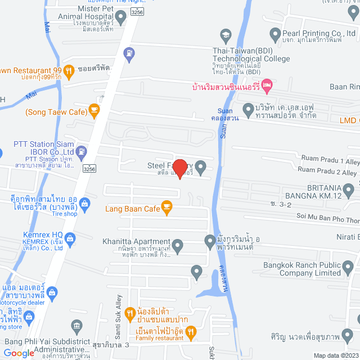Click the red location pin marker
pos(179,169)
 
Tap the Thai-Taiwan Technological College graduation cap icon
pos(225,35)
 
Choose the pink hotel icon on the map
pos(267,87)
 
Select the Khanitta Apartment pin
pos(178,245)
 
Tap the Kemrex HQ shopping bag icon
pos(70,238)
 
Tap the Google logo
pos(19,353)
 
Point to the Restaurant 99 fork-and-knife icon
pos(69,70)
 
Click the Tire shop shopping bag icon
pos(85,203)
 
